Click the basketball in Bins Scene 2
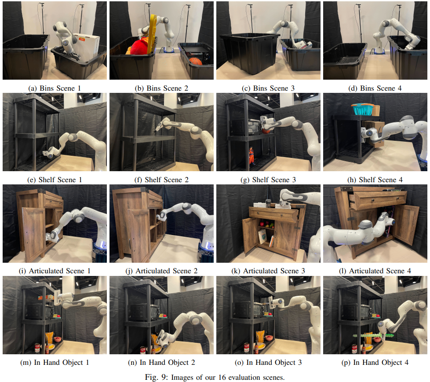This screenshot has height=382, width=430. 196,61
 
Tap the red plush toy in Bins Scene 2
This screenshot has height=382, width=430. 138,47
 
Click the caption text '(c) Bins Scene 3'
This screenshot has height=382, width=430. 268,88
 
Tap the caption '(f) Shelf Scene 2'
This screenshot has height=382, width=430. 161,180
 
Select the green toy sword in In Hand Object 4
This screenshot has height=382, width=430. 373,335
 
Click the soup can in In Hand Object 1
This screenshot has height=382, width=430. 37,348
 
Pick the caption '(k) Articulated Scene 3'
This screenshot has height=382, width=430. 268,271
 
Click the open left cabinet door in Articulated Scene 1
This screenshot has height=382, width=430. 33,234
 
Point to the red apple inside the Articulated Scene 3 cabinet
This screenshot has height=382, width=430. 262,224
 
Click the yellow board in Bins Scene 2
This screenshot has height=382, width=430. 152,34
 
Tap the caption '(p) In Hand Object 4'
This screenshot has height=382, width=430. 375,363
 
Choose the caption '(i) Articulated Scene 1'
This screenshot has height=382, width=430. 55,271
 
